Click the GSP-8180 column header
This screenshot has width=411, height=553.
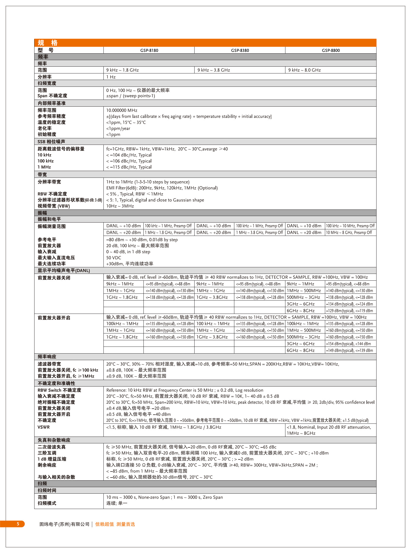pyautogui.click(x=149, y=50)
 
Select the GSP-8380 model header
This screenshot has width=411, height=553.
pyautogui.click(x=240, y=50)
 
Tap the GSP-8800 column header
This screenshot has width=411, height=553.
pyautogui.click(x=331, y=50)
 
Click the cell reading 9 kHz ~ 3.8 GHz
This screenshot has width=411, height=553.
pyautogui.click(x=214, y=70)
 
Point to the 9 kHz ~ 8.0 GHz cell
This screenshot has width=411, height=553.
pyautogui.click(x=305, y=70)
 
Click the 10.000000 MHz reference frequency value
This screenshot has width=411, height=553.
pyautogui.click(x=122, y=110)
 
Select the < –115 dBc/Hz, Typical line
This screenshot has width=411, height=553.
pyautogui.click(x=129, y=167)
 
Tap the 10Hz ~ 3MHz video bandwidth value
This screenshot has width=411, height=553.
pyautogui.click(x=120, y=206)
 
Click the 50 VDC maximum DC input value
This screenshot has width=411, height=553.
pyautogui.click(x=114, y=258)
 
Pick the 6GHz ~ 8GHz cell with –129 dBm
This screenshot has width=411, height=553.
pyautogui.click(x=301, y=311)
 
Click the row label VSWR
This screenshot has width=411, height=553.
pyautogui.click(x=44, y=427)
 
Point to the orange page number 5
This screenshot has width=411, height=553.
pyautogui.click(x=18, y=524)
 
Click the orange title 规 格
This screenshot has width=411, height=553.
pyautogui.click(x=48, y=43)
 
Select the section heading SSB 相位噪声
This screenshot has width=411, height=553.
pyautogui.click(x=51, y=142)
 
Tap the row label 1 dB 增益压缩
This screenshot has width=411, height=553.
pyautogui.click(x=52, y=459)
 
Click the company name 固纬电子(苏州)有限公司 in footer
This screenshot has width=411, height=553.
pyautogui.click(x=64, y=524)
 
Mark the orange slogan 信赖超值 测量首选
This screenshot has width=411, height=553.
pyautogui.click(x=115, y=524)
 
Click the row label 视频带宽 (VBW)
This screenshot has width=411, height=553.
pyautogui.click(x=54, y=206)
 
